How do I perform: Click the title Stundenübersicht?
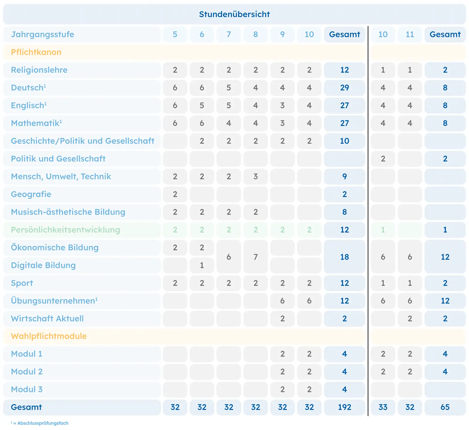pos(234,14)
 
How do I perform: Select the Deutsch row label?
pos(28,87)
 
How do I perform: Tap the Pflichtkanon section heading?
pos(36,52)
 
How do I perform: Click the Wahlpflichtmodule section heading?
pos(49,336)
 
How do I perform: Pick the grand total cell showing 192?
pos(344,407)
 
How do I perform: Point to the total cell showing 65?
pos(445,407)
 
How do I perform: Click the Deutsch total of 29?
pos(344,88)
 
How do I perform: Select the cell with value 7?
pos(256,257)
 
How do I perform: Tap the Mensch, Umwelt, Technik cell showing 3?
pos(256,177)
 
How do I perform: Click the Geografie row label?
pos(31,194)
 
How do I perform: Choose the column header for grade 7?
pos(229,34)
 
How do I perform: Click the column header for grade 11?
pos(410,34)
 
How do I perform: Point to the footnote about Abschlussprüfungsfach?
pos(40,423)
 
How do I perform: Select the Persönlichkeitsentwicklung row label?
pos(65,230)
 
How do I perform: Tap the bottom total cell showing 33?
pos(383,407)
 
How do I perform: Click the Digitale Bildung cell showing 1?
pos(202,265)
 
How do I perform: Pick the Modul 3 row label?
pos(27,389)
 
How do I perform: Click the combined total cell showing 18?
pos(344,257)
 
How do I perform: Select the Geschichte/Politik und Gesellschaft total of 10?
pos(344,141)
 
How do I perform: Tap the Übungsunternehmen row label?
pos(54,301)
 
